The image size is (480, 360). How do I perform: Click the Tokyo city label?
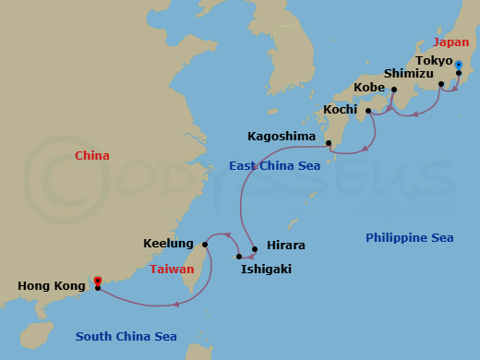tap(434, 61)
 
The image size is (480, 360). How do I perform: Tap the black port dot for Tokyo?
tap(459, 72)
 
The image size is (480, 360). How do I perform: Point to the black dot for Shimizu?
tap(441, 84)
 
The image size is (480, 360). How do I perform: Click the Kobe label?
tap(370, 89)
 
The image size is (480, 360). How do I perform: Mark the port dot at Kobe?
tap(394, 90)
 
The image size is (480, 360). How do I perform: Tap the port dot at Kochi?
tap(368, 112)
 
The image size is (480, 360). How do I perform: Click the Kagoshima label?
tap(282, 137)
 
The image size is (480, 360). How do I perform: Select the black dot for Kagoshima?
tap(329, 142)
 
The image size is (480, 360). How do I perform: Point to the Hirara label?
tap(285, 246)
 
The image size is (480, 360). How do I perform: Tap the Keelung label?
tap(168, 245)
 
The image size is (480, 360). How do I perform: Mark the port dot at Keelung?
tap(205, 245)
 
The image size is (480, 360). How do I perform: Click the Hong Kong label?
tap(51, 286)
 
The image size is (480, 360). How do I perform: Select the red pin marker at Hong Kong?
tap(98, 279)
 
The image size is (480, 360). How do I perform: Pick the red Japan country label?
tap(452, 42)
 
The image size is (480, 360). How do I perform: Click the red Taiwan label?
tap(172, 270)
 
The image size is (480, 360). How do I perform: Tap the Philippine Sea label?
tap(410, 238)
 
